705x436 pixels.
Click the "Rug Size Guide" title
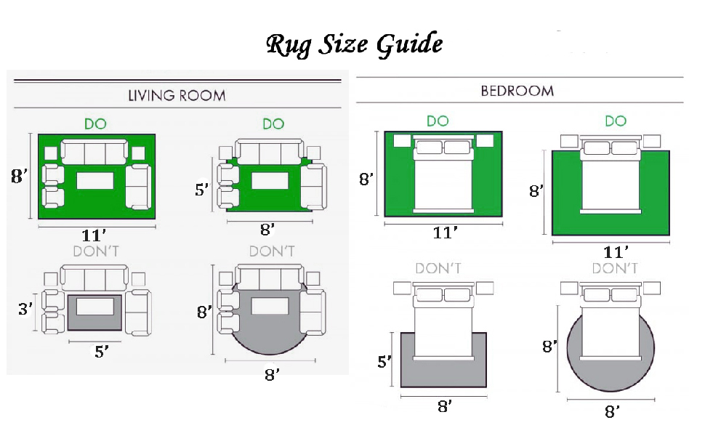(x=354, y=44)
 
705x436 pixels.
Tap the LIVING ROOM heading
(x=177, y=95)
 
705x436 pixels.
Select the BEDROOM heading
(x=517, y=91)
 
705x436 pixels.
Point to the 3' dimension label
(x=25, y=309)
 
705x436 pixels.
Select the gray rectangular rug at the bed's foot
(x=443, y=371)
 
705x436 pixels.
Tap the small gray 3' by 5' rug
(x=94, y=324)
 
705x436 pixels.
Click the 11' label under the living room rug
(x=96, y=235)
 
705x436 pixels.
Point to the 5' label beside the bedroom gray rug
(x=384, y=361)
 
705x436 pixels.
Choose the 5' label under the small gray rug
(x=102, y=352)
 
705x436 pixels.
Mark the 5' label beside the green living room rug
(x=203, y=190)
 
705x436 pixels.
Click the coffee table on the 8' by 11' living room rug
(x=96, y=181)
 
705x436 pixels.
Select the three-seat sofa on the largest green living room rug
(x=94, y=153)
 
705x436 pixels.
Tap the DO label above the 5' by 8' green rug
(x=273, y=124)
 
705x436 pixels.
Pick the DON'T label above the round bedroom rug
(x=614, y=269)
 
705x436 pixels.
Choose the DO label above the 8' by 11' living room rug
(x=95, y=124)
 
